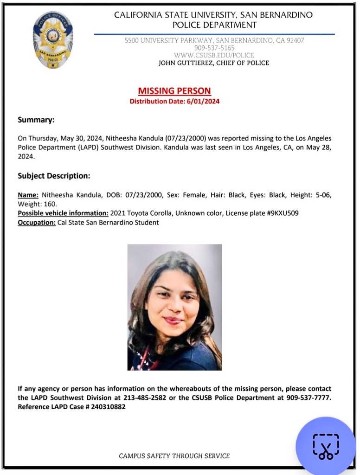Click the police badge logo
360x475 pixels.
(52, 41)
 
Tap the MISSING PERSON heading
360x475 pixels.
(174, 91)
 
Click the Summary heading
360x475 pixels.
(36, 120)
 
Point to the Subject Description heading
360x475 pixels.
(53, 176)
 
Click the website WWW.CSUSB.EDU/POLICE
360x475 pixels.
(214, 55)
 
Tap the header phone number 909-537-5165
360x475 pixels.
(214, 48)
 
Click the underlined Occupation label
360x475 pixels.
(36, 222)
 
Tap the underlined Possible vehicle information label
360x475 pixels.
(63, 213)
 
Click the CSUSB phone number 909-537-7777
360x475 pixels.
(308, 398)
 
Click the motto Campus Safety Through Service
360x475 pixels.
(174, 456)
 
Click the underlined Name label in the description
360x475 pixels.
(28, 195)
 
